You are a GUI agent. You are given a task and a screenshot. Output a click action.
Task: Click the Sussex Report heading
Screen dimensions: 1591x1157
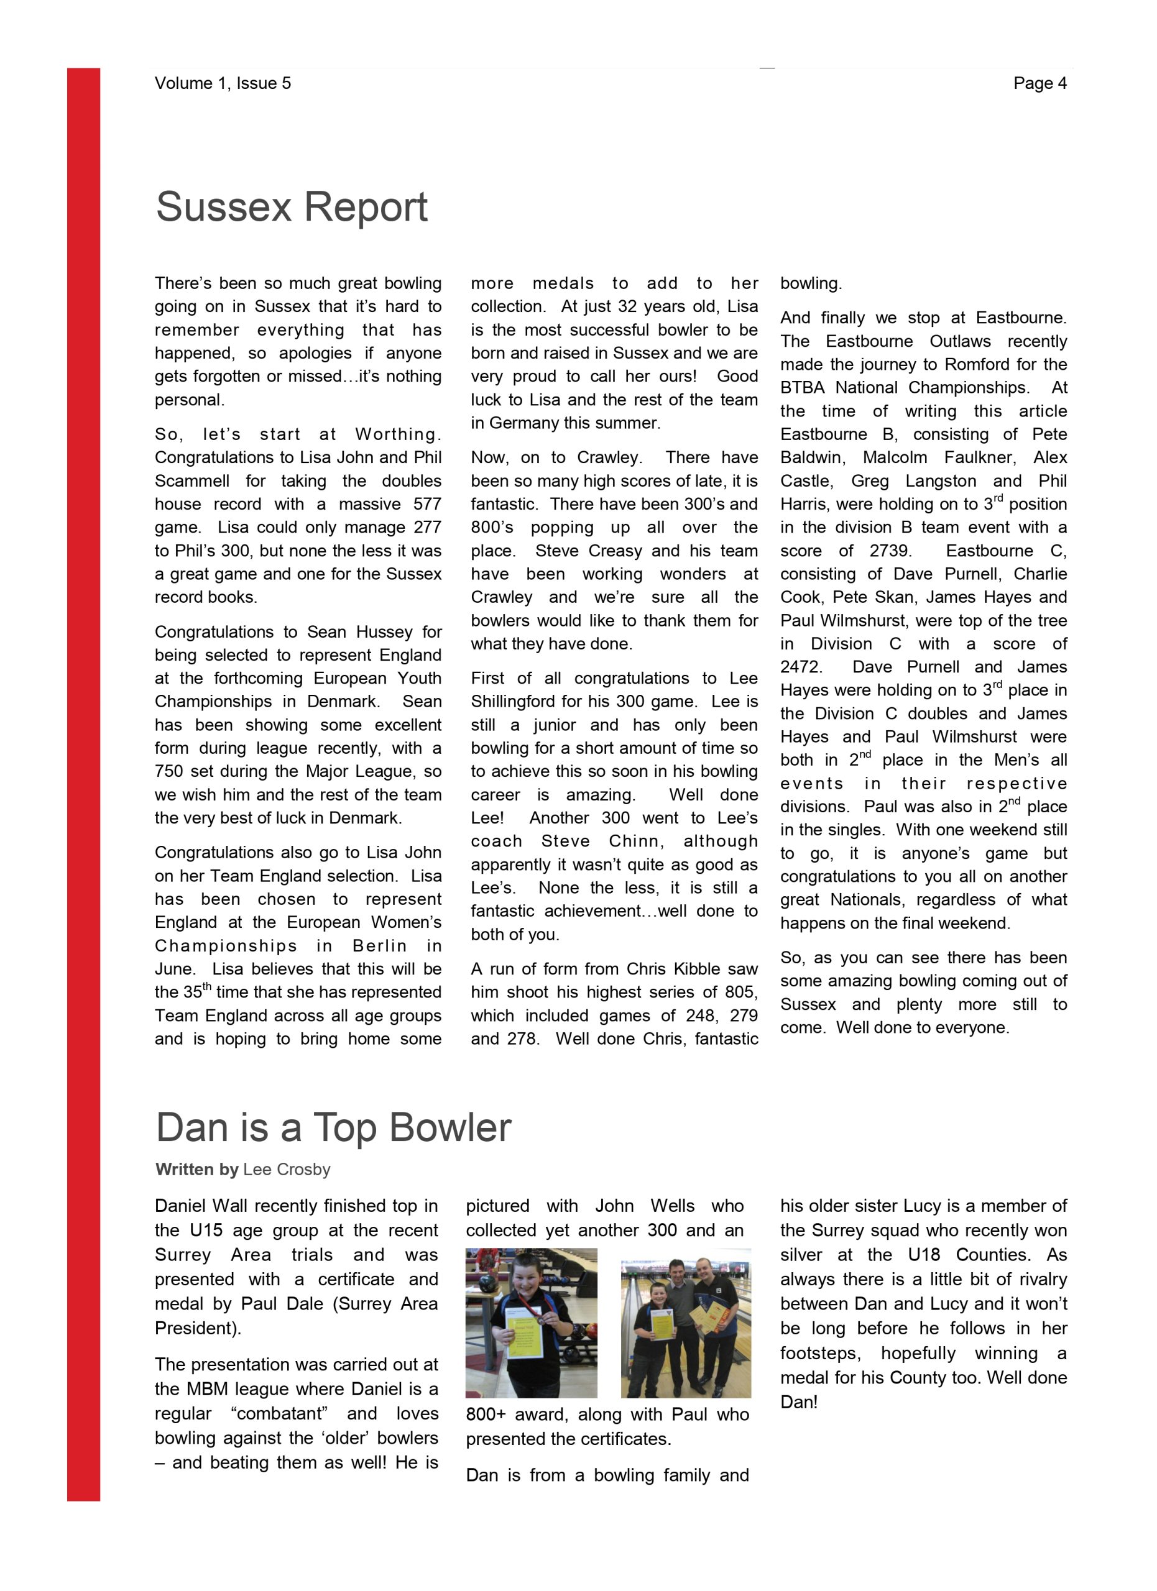[291, 207]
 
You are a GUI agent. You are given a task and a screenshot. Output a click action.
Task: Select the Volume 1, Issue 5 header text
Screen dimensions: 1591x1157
[223, 83]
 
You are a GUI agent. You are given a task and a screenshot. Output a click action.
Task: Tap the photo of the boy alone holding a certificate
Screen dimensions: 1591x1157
[531, 1323]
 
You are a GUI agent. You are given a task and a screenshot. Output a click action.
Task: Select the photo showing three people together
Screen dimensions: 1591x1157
[686, 1323]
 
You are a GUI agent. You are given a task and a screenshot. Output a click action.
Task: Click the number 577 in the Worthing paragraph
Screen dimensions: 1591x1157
[426, 505]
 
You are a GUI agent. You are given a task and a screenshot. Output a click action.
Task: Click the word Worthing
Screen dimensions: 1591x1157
[398, 435]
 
